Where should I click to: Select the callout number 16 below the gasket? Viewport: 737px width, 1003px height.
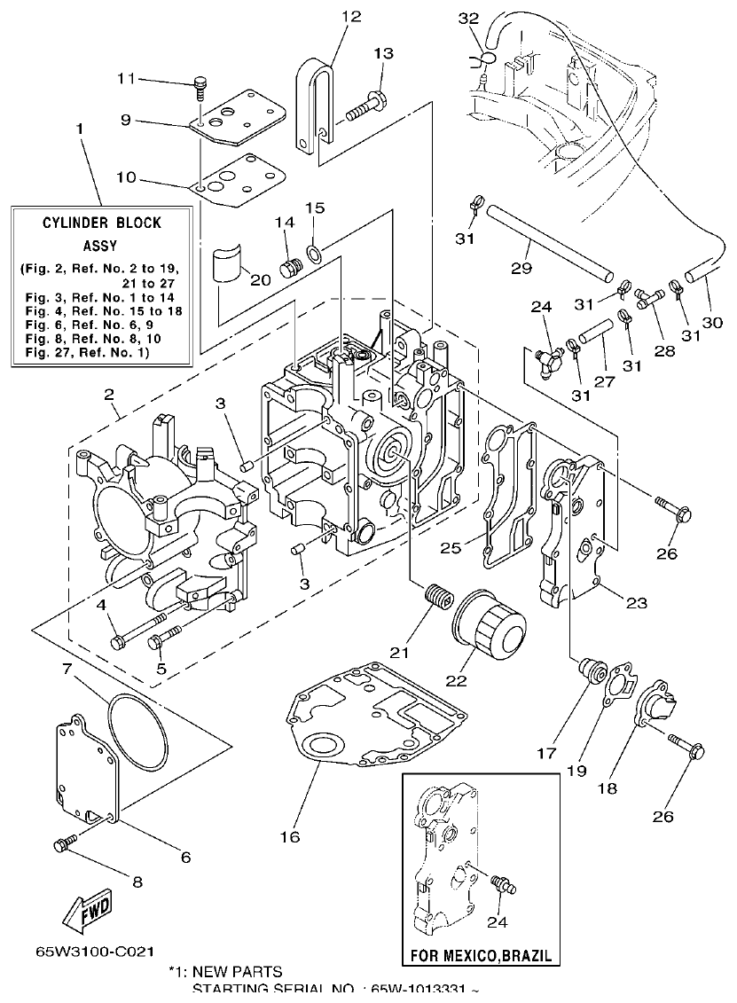tap(291, 836)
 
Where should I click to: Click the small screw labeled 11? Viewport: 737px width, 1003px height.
tap(200, 87)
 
